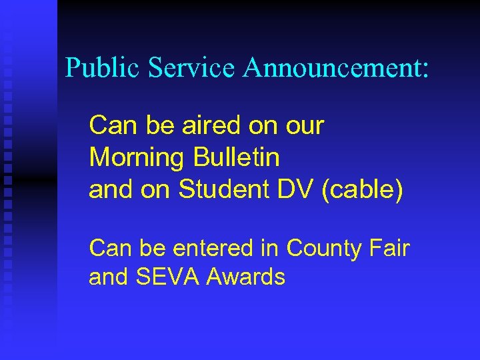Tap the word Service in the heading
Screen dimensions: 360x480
pyautogui.click(x=191, y=67)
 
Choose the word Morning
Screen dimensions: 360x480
pyautogui.click(x=136, y=158)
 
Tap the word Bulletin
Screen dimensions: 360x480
pyautogui.click(x=237, y=158)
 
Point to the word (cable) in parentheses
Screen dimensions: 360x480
pyautogui.click(x=363, y=190)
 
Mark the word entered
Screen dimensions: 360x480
pyautogui.click(x=213, y=248)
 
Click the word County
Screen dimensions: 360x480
pyautogui.click(x=322, y=248)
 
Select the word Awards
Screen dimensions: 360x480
pyautogui.click(x=246, y=277)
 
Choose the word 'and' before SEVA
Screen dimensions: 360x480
pyautogui.click(x=109, y=277)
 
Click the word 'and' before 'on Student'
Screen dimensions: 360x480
pyautogui.click(x=109, y=190)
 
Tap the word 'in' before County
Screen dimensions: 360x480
pyautogui.click(x=270, y=248)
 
